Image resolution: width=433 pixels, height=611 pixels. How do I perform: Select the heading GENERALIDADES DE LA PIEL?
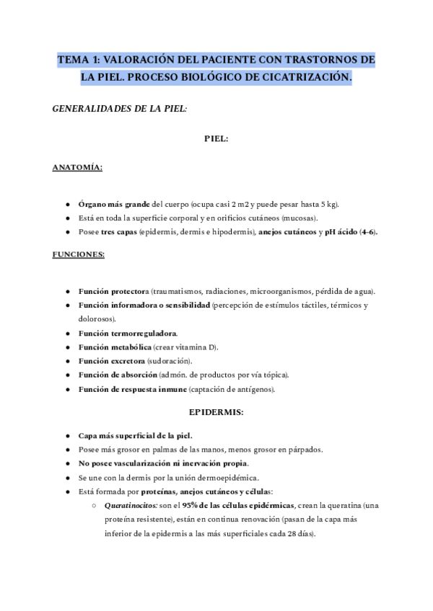coord(121,109)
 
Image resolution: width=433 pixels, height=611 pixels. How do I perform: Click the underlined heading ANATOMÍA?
coord(77,169)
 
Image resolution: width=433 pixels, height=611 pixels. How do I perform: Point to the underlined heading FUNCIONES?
coord(78,254)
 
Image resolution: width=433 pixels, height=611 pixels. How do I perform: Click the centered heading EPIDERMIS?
coord(216,413)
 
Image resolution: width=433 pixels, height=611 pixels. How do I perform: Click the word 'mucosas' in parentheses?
coord(299,218)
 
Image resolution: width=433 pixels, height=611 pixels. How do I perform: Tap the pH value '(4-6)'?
coord(367,232)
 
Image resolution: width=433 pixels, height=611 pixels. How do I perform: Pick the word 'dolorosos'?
coord(99,318)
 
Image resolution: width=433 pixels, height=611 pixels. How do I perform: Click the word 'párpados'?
coord(304,450)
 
